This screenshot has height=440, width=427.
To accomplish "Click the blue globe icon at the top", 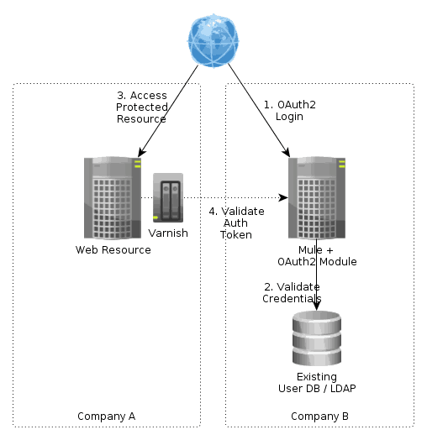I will point(212,40).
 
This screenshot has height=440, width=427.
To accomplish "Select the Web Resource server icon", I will point(113,198).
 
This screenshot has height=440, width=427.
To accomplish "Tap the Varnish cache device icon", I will point(168,201).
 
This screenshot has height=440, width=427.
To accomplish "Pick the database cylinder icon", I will point(316,336).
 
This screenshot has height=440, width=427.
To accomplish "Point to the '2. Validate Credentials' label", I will point(292,292).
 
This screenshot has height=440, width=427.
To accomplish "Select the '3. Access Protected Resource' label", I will point(142,107).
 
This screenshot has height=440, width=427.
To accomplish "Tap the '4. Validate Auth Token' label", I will point(236,223).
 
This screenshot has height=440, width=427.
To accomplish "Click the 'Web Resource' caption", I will point(113,249).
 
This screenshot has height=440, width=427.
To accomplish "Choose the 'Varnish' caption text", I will point(167,232).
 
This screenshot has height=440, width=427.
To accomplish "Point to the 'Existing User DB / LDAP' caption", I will point(317,382).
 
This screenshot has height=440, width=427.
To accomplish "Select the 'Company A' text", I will point(106,416).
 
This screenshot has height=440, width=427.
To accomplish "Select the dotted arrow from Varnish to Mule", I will point(244,198).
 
